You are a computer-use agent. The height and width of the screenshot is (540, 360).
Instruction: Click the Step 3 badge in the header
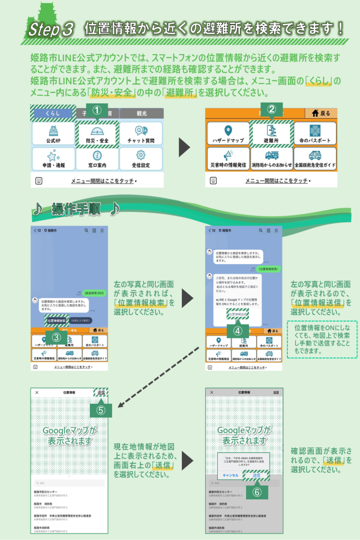tap(51, 28)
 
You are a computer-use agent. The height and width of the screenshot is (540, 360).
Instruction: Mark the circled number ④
tap(238, 331)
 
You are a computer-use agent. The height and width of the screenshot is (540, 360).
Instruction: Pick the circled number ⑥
tap(256, 491)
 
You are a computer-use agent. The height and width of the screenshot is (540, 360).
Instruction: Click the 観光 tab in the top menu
tap(141, 113)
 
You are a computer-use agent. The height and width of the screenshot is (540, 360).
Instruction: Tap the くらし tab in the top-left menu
tap(53, 113)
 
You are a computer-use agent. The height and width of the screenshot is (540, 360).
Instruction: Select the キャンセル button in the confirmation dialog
tap(231, 475)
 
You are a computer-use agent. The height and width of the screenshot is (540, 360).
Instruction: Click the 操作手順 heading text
tap(76, 209)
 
